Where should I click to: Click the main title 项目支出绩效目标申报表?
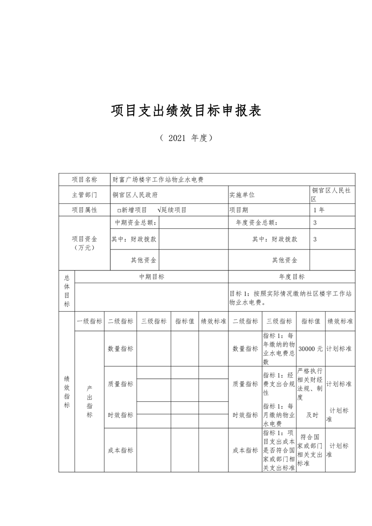186,111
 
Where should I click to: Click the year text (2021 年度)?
186,138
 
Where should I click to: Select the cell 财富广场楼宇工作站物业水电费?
158,180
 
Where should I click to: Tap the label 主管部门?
84,195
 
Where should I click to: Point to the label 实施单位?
242,195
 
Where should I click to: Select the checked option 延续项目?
172,210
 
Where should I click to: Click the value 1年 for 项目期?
319,210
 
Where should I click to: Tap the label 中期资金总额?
136,223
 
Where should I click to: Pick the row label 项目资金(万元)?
84,243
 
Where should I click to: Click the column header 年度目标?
291,277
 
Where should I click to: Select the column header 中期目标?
152,277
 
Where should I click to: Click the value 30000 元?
311,349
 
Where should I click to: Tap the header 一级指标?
89,321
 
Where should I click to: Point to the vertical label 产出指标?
89,402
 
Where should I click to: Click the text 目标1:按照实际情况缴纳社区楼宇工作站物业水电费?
291,298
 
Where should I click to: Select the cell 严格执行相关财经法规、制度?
310,383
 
